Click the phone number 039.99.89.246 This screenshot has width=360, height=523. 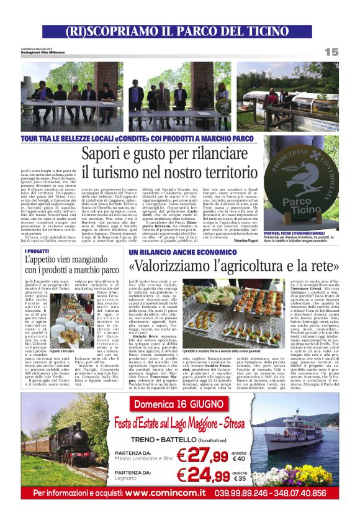point(259,493)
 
